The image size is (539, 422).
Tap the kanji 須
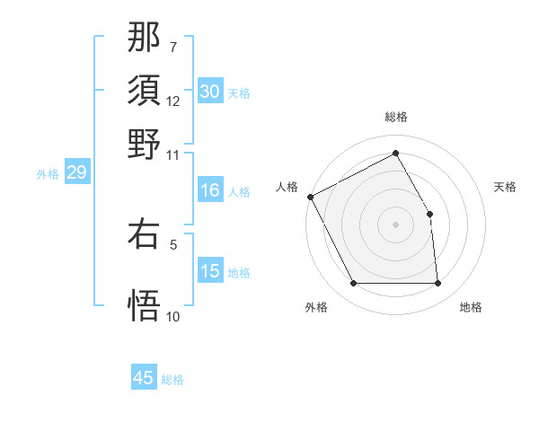[145, 91]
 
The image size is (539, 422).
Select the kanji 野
[145, 144]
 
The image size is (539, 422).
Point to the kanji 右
[145, 233]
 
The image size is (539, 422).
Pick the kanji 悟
[145, 303]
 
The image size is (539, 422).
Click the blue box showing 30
[210, 92]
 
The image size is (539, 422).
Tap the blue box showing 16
[210, 190]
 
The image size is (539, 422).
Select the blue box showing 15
[210, 271]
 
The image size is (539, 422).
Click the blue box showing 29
[76, 172]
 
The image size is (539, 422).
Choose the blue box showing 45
[144, 378]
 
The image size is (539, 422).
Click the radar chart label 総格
[395, 117]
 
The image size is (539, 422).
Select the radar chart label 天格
[505, 187]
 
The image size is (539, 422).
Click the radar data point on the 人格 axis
[310, 197]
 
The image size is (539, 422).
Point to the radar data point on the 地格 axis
[438, 284]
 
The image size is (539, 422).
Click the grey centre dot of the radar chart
[395, 224]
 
